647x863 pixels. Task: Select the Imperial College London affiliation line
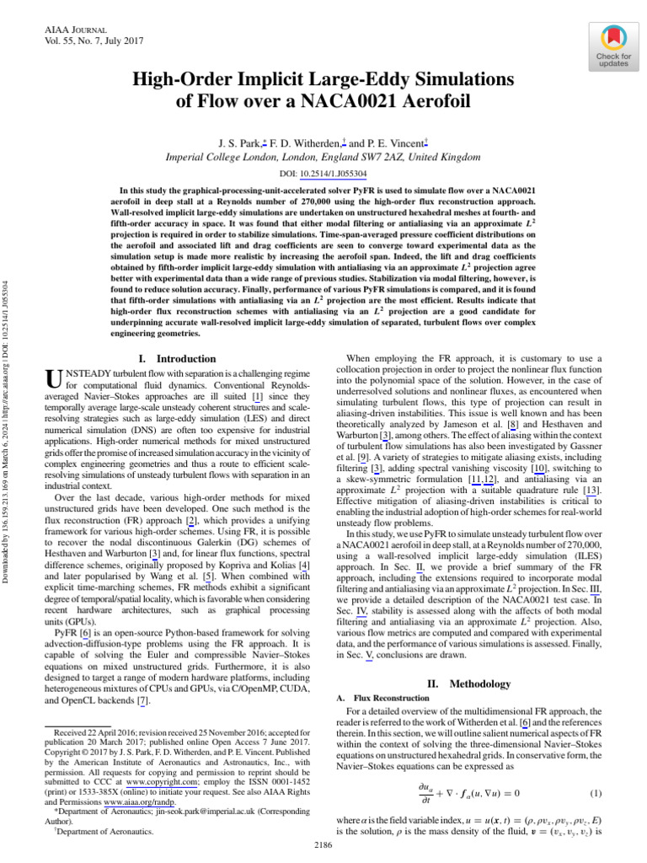point(323,158)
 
